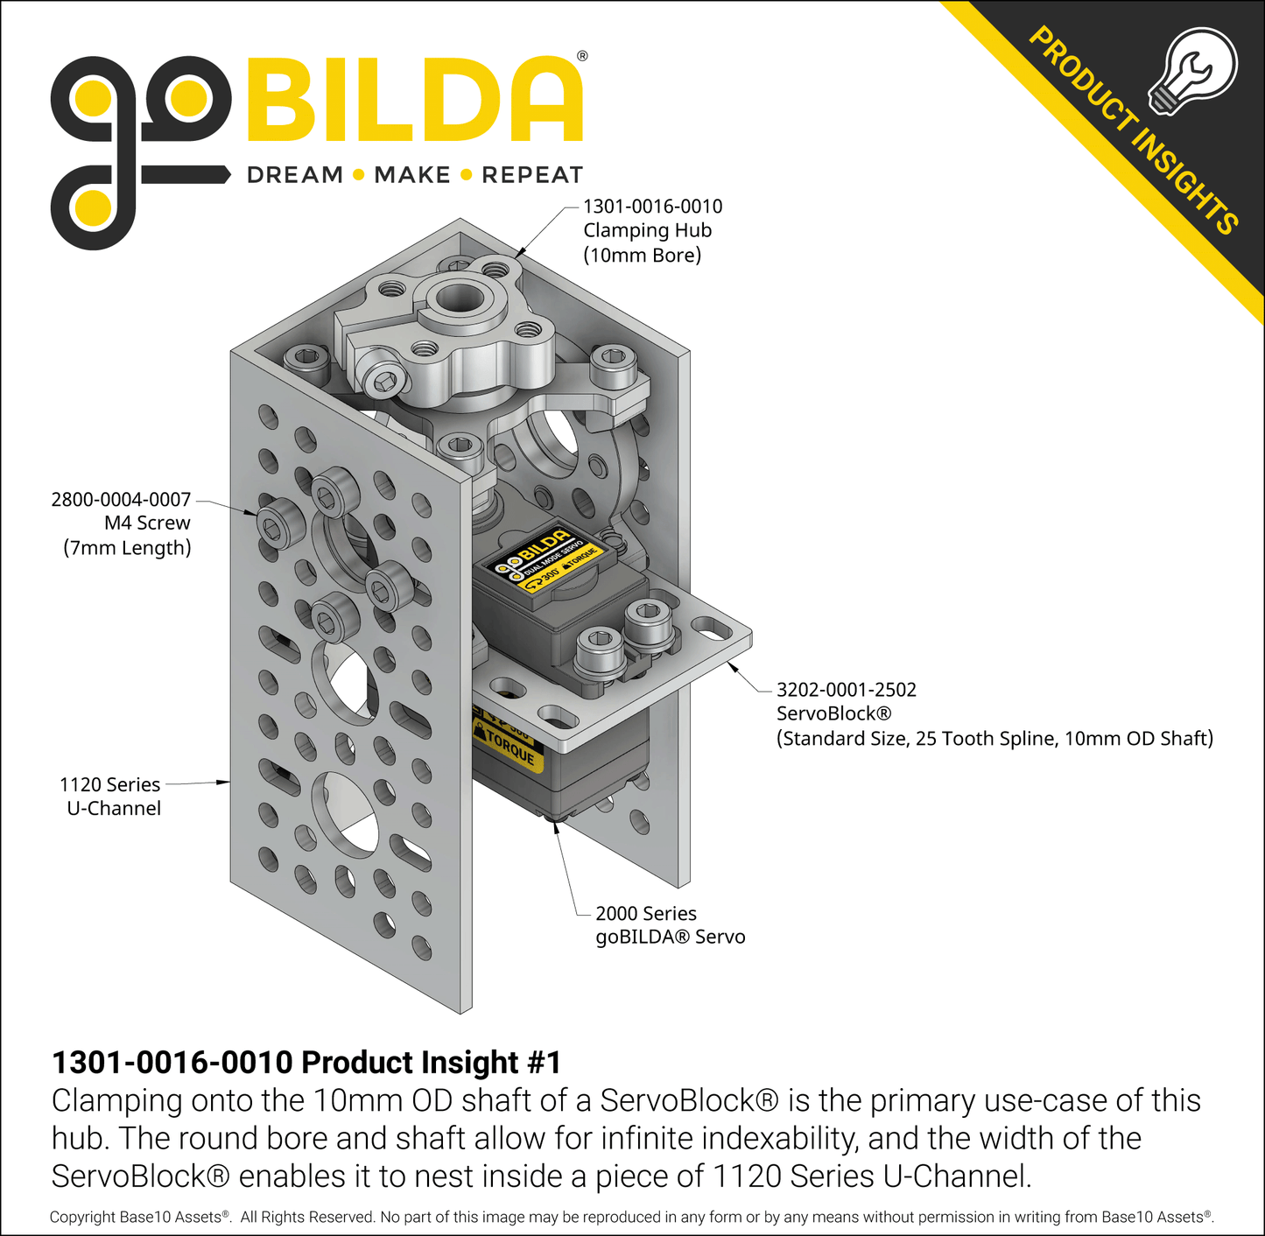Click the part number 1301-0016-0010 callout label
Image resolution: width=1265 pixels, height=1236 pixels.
tap(653, 207)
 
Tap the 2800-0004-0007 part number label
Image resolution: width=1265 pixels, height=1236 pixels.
tap(121, 499)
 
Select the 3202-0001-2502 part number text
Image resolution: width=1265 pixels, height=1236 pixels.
tap(847, 690)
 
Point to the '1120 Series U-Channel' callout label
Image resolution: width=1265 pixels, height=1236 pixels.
tap(110, 796)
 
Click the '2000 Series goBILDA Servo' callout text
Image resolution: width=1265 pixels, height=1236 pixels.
tap(671, 924)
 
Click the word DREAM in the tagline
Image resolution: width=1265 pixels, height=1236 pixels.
tap(294, 175)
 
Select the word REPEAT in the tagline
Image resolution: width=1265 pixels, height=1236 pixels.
tap(532, 175)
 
